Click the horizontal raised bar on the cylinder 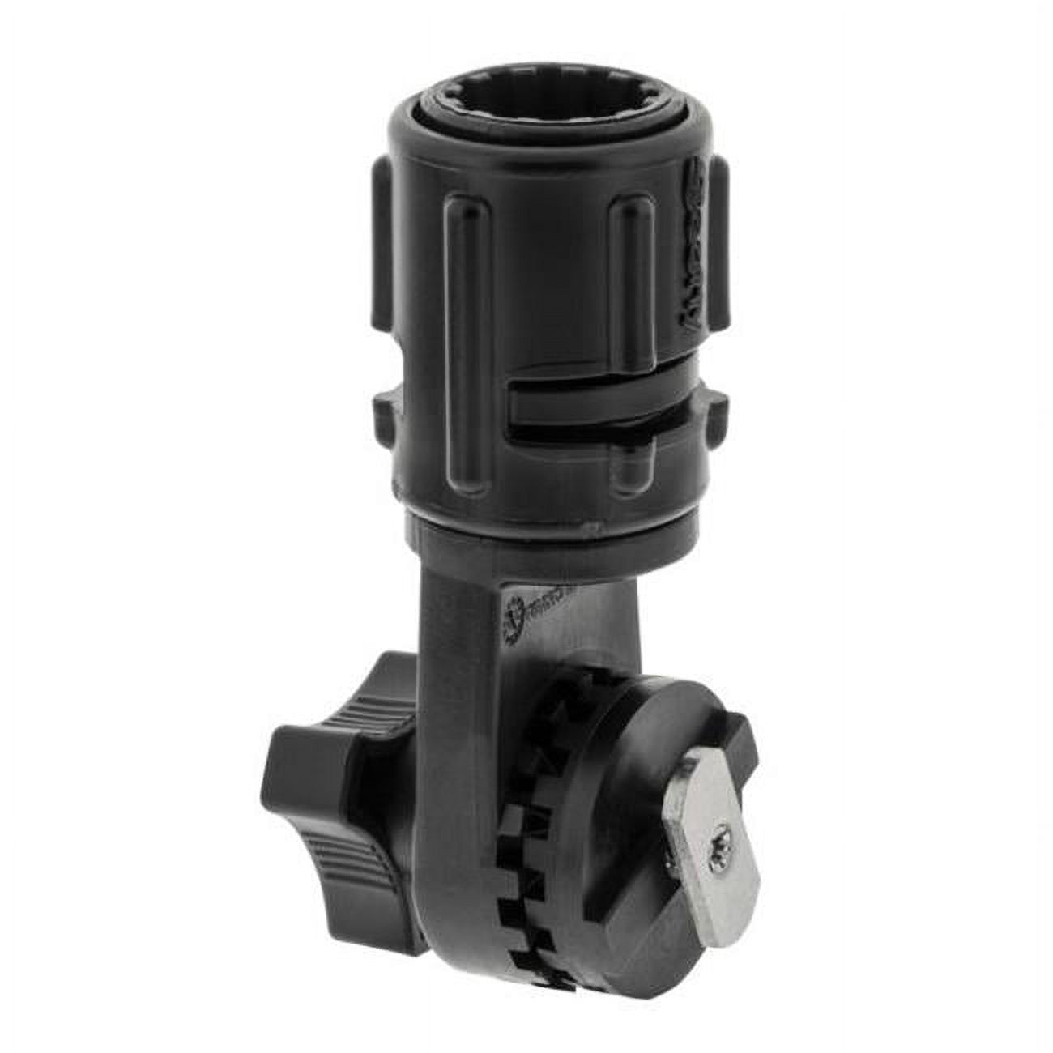[591, 403]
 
